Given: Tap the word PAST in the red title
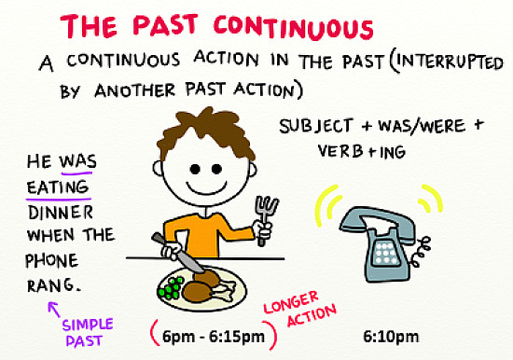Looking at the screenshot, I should (191, 26).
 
